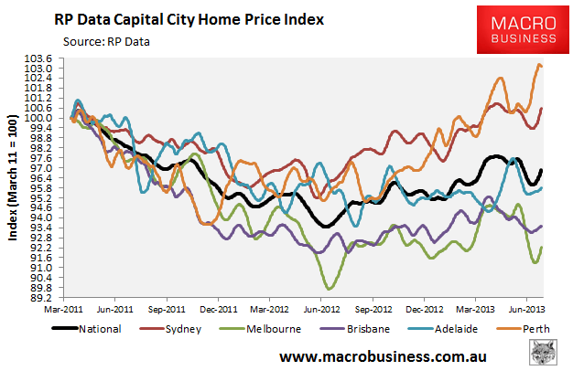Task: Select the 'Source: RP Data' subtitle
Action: pos(106,41)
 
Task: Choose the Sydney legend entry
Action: pos(175,329)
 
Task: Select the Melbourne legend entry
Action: pos(264,329)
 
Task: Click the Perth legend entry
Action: pos(524,329)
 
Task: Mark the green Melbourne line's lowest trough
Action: pos(326,289)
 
